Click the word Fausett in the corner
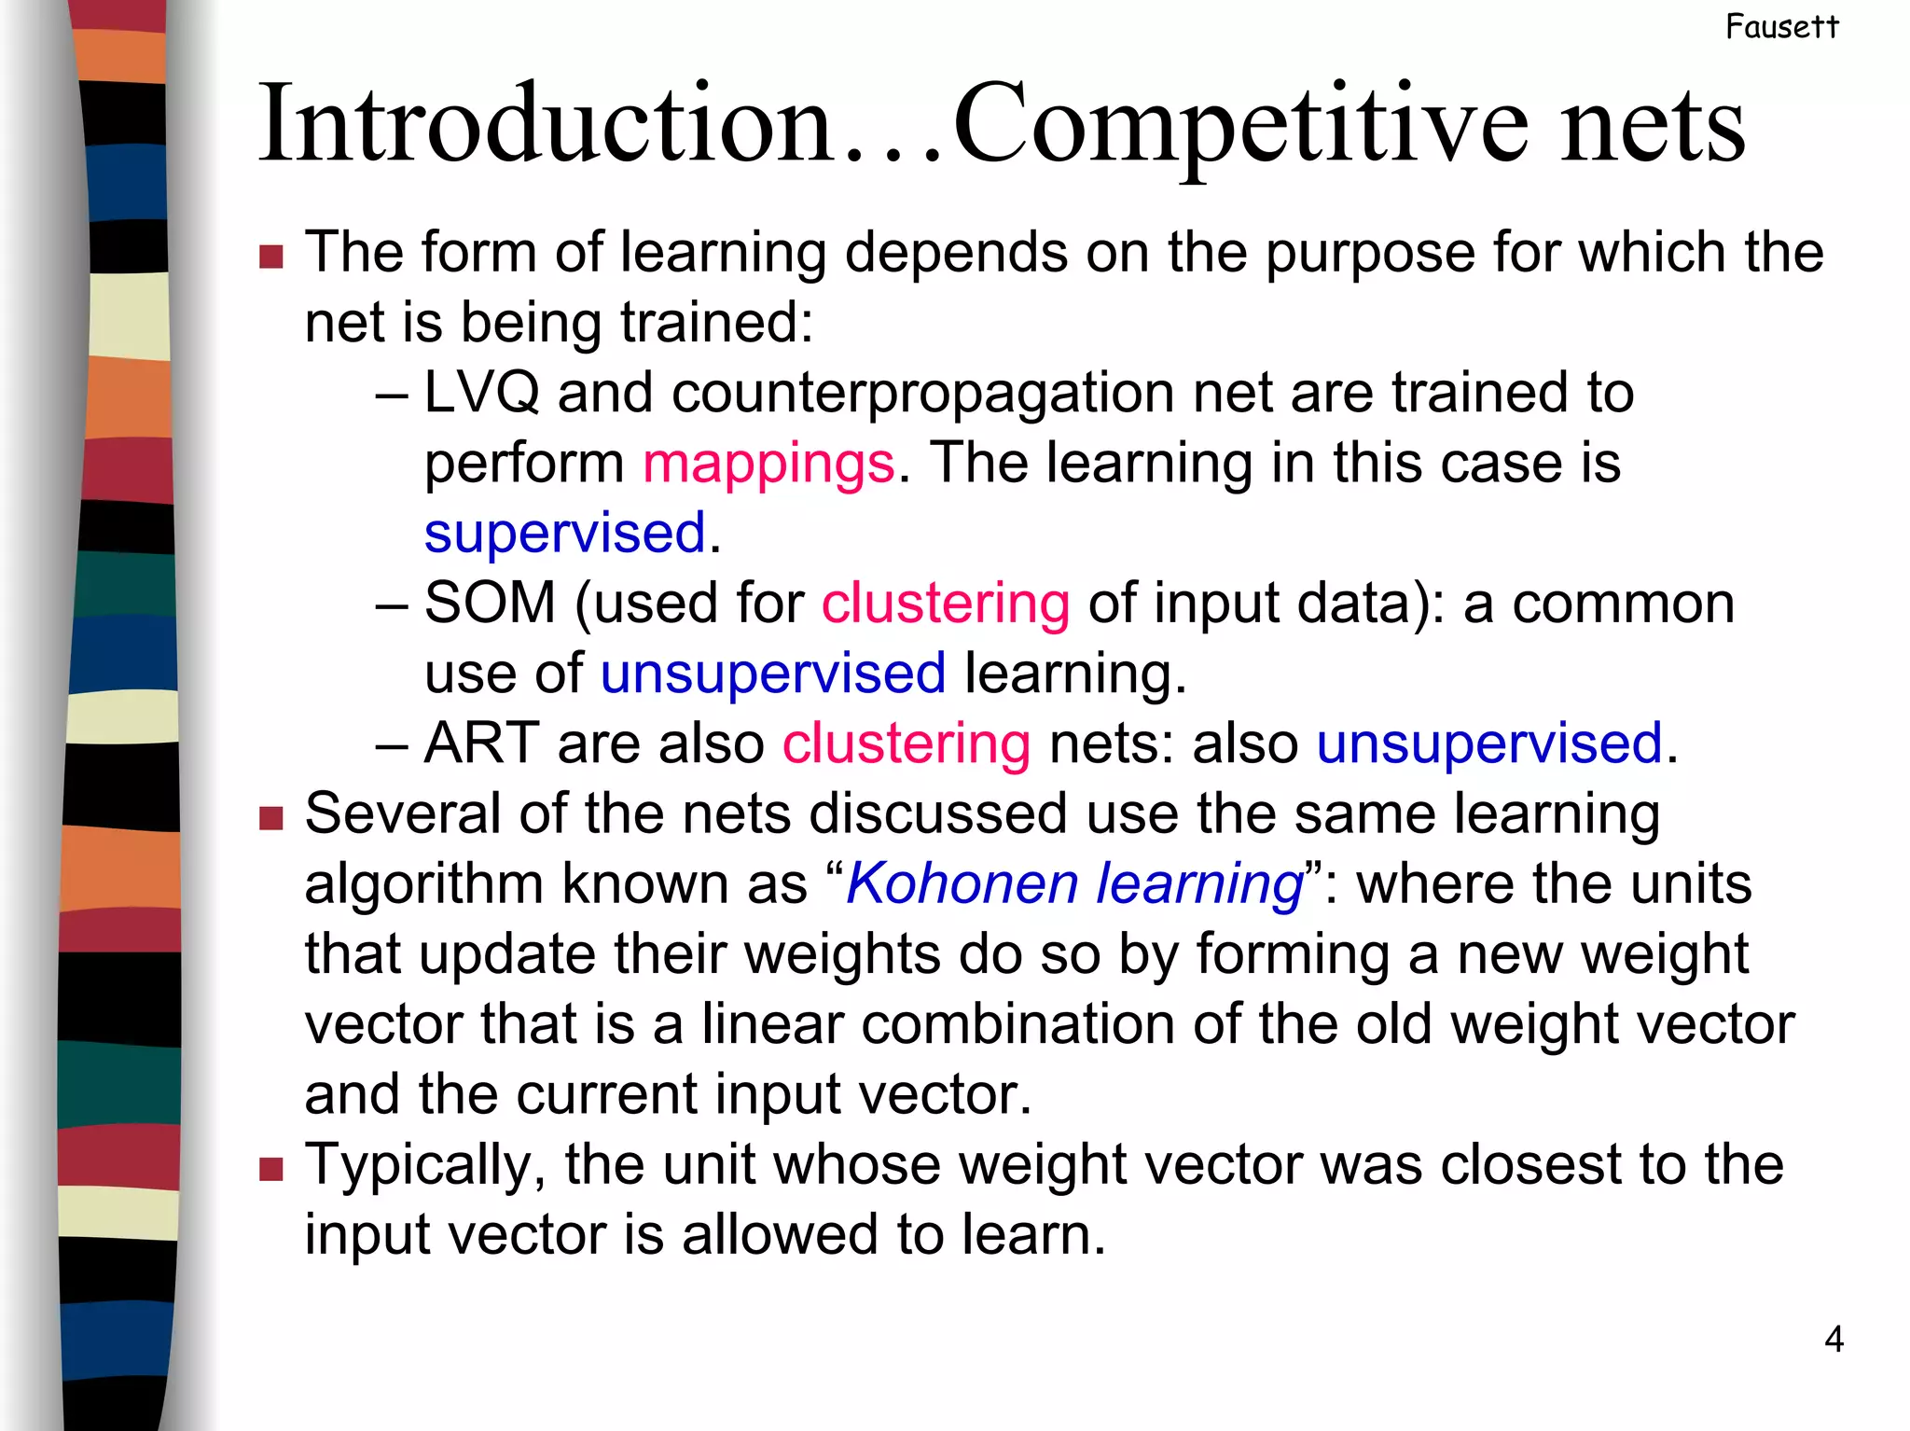[x=1781, y=27]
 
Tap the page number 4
[x=1834, y=1340]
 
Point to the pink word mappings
[x=768, y=463]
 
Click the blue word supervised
[x=564, y=533]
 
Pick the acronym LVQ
[x=481, y=392]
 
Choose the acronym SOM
[x=490, y=603]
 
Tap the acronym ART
[x=481, y=743]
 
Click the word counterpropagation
[x=923, y=394]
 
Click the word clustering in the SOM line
[x=945, y=603]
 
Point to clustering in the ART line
[x=906, y=743]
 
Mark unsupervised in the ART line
[x=1489, y=743]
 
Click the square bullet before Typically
[x=271, y=1169]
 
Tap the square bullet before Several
[x=271, y=818]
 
